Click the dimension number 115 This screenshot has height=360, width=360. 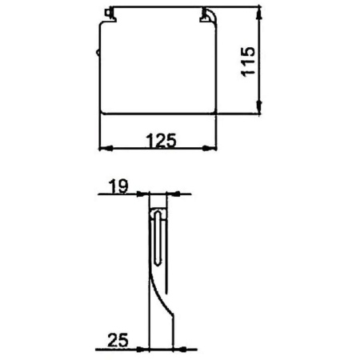point(248,62)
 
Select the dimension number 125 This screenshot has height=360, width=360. point(162,141)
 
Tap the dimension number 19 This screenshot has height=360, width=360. point(118,186)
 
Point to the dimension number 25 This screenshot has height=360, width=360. point(118,340)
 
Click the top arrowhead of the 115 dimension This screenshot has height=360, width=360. point(259,14)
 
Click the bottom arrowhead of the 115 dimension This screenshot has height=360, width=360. point(259,108)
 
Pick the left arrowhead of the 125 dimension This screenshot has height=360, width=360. point(106,149)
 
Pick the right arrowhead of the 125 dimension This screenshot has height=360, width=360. point(210,149)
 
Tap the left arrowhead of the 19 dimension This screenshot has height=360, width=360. point(142,194)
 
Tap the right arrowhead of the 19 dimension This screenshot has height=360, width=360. point(173,194)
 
